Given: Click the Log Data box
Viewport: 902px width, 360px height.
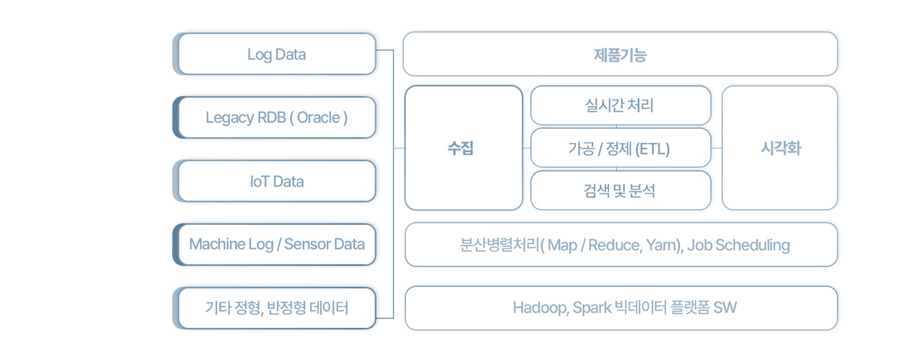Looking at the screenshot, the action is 275,54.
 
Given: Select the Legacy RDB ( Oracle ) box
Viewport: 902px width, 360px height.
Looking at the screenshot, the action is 275,118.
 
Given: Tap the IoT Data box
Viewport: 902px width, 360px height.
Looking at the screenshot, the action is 275,181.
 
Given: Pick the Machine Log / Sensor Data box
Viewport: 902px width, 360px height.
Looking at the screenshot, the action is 275,244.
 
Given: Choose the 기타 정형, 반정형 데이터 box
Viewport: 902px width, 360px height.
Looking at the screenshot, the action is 275,308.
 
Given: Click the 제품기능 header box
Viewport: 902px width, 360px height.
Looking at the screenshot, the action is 620,54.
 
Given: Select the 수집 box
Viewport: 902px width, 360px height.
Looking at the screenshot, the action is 463,148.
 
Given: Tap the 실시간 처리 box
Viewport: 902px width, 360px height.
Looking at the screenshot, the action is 620,105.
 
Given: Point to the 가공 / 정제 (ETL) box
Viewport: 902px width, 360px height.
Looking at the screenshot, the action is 620,148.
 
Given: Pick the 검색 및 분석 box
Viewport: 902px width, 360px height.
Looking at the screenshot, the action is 620,191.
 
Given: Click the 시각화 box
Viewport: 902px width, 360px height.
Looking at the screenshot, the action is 780,148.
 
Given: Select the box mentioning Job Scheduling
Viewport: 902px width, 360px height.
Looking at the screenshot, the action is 621,245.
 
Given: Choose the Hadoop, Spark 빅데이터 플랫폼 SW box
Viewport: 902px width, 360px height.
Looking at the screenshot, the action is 621,308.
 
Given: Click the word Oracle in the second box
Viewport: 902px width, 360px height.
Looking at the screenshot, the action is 318,118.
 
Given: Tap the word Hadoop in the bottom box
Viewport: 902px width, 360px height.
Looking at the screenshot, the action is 541,308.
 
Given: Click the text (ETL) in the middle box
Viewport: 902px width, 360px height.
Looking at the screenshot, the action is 652,149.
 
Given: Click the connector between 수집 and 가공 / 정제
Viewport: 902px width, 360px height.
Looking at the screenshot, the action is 527,148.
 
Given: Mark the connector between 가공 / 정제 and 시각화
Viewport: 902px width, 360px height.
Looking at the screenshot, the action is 716,148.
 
